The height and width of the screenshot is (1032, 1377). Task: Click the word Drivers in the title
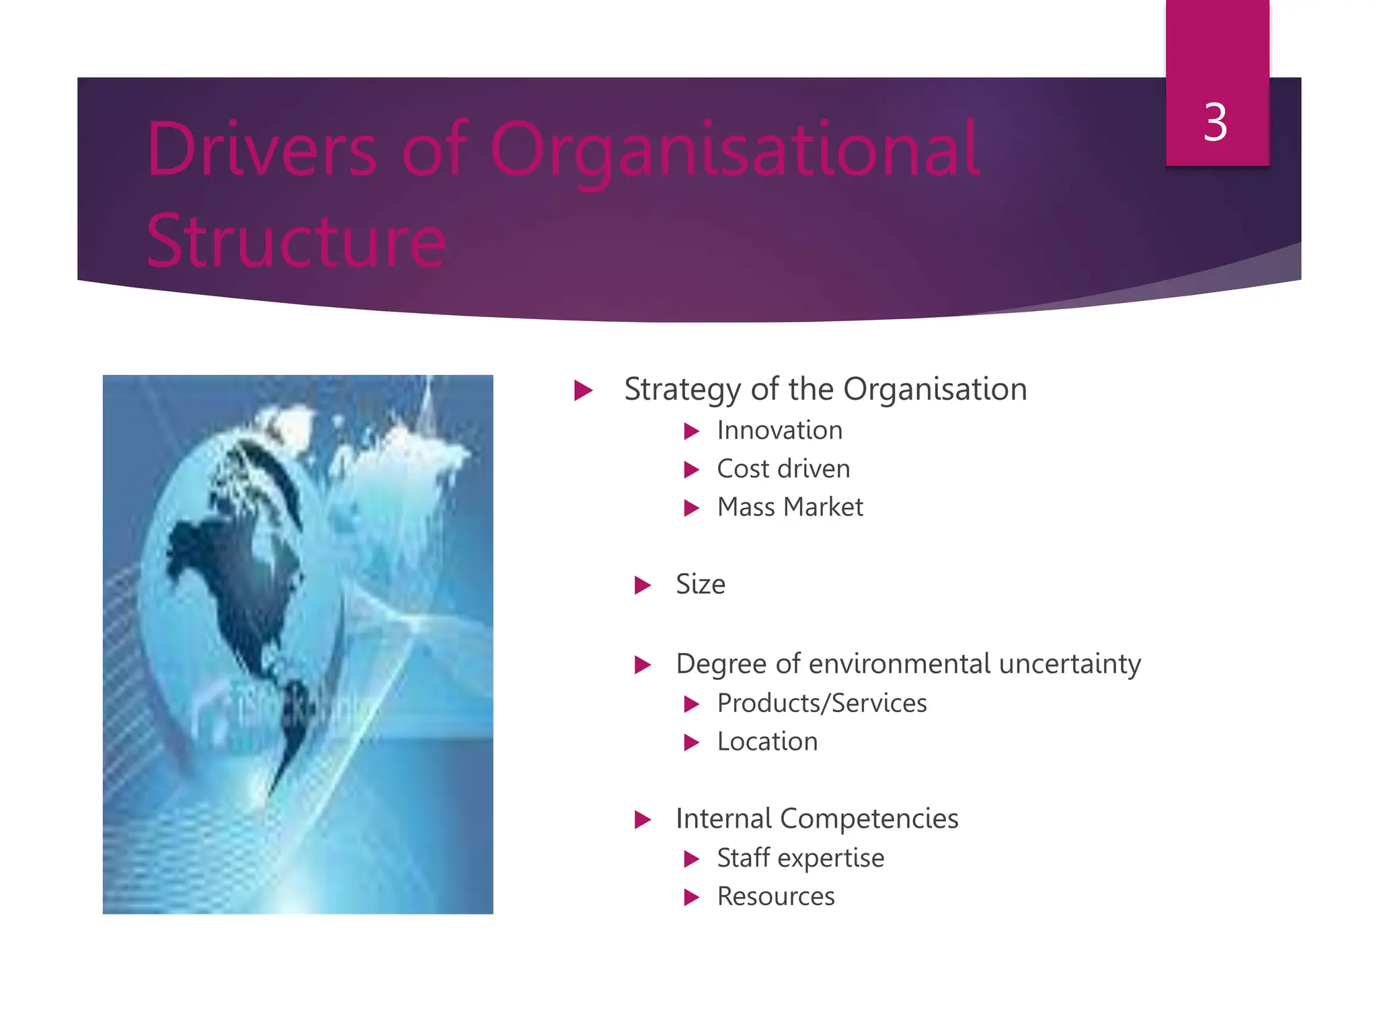[x=262, y=149]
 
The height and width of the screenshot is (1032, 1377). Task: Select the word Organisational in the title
[x=734, y=150]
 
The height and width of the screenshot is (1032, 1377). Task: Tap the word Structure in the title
[x=296, y=241]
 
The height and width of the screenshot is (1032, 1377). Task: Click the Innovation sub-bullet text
[x=779, y=431]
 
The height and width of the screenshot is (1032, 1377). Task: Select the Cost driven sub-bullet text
[x=783, y=469]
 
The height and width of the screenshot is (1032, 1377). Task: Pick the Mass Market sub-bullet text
[x=790, y=507]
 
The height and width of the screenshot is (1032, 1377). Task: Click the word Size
[x=701, y=585]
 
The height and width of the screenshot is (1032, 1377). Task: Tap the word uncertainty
[x=1070, y=664]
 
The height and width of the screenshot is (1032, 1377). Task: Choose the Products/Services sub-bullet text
[x=822, y=703]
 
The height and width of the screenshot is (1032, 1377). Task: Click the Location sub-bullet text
[x=767, y=742]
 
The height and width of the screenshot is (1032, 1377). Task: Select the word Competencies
[x=869, y=819]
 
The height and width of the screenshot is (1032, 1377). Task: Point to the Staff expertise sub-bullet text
[x=800, y=858]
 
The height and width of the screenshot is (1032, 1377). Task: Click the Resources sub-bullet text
[x=776, y=897]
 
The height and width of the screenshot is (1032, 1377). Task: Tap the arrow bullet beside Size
[x=643, y=585]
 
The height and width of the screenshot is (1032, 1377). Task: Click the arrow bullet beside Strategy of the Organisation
[x=583, y=390]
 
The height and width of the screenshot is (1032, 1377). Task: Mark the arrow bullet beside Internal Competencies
[x=643, y=820]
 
